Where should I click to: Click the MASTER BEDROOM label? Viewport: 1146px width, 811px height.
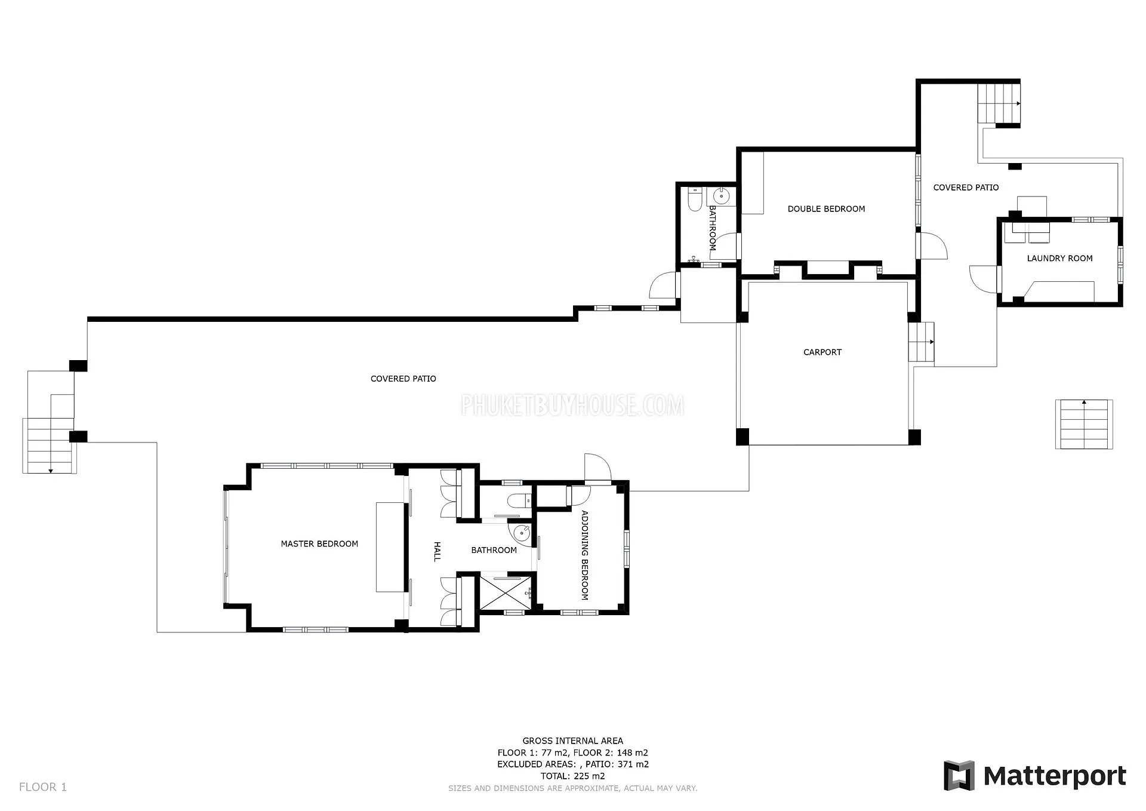pos(319,544)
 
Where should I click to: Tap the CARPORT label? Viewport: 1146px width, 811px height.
pos(822,352)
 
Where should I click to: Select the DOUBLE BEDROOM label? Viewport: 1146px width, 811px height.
pos(826,209)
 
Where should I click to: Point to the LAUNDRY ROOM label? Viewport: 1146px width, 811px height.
pos(1059,259)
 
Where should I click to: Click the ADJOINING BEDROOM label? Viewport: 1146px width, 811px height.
pos(585,555)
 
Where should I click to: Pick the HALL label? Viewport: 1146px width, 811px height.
pos(437,551)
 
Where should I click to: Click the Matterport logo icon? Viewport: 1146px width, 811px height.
pos(959,776)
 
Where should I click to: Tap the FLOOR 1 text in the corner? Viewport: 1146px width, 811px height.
pos(43,787)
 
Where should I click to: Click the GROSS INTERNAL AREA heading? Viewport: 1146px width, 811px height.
pos(573,741)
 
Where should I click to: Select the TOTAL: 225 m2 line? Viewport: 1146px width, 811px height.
pos(573,776)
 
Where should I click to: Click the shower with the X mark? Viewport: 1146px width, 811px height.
pos(506,592)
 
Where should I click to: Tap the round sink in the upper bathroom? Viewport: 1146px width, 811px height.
pos(721,195)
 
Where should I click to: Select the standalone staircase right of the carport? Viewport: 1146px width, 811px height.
pos(1084,424)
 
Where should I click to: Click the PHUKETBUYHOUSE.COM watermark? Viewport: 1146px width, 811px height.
pos(573,405)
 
